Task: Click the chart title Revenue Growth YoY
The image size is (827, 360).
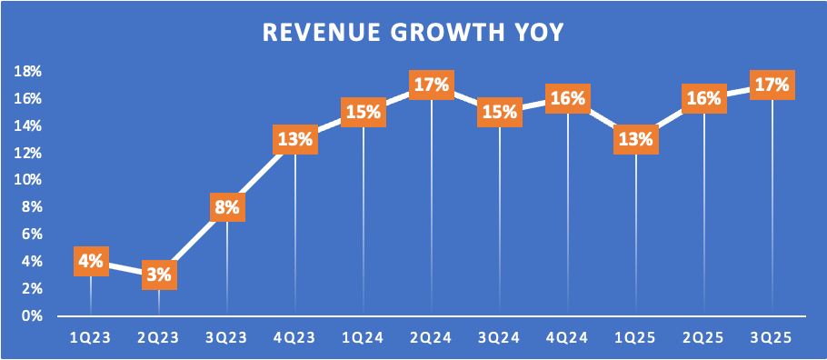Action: tap(413, 32)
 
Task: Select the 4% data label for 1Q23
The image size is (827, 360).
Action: tap(91, 261)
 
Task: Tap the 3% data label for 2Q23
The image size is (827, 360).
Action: tap(159, 275)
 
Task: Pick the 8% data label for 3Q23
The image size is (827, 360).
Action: tap(227, 206)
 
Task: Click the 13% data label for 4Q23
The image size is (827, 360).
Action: tap(295, 139)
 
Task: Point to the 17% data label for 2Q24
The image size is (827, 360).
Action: tap(432, 85)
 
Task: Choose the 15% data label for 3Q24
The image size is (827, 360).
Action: tap(500, 112)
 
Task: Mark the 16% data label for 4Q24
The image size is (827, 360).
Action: tap(567, 99)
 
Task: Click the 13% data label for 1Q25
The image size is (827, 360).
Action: tap(636, 139)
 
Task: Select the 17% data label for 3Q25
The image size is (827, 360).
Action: tap(772, 85)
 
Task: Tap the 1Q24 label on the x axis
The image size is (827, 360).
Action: tap(364, 338)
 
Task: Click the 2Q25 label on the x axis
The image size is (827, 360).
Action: tap(704, 338)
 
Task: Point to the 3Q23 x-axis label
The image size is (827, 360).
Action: tap(227, 338)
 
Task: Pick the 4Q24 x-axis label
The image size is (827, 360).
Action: tap(567, 338)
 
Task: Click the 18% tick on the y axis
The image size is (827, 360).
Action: tap(28, 72)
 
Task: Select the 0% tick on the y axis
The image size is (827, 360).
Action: tap(32, 315)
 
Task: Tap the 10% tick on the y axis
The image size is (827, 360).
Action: tap(28, 180)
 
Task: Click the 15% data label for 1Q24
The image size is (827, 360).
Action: tap(364, 112)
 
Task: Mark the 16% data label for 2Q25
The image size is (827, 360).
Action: tap(704, 99)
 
